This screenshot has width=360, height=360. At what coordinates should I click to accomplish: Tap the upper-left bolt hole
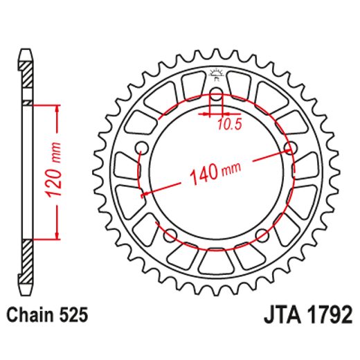click(142, 147)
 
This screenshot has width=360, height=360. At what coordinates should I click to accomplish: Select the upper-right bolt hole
click(291, 147)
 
